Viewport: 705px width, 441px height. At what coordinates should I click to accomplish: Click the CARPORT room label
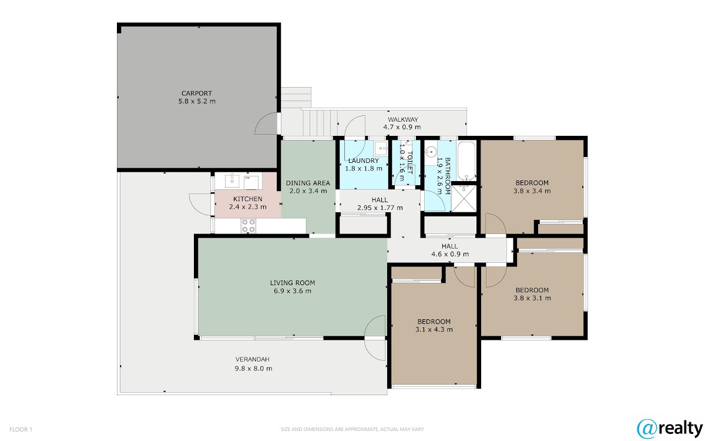click(x=197, y=93)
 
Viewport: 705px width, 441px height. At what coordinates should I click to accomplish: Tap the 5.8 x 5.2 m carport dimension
click(x=197, y=101)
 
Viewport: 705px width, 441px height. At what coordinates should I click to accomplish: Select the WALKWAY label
click(x=403, y=119)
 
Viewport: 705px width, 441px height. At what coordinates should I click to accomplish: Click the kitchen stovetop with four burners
click(x=249, y=226)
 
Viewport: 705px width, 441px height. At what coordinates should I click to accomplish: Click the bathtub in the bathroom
click(x=466, y=161)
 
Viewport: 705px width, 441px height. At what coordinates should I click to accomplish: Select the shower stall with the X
click(x=464, y=199)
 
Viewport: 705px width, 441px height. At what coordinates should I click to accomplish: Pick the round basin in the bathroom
click(x=430, y=152)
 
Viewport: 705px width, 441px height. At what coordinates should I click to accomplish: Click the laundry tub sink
click(x=381, y=148)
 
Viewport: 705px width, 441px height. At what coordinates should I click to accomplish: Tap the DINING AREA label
click(x=308, y=183)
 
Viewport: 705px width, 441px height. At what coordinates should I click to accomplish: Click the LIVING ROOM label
click(x=293, y=283)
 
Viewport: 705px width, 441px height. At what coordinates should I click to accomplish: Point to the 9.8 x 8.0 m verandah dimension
click(x=253, y=369)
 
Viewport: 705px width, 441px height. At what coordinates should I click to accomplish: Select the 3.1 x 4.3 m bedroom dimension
click(x=434, y=329)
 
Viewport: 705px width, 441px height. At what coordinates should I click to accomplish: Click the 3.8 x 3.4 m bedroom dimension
click(x=532, y=191)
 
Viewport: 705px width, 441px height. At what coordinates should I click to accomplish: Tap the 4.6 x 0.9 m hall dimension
click(x=450, y=254)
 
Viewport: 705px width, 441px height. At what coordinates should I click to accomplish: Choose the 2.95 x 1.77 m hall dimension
click(x=380, y=208)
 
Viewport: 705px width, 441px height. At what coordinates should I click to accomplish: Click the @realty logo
click(x=670, y=429)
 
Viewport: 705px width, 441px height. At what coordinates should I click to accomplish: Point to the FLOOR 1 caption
click(x=21, y=429)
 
